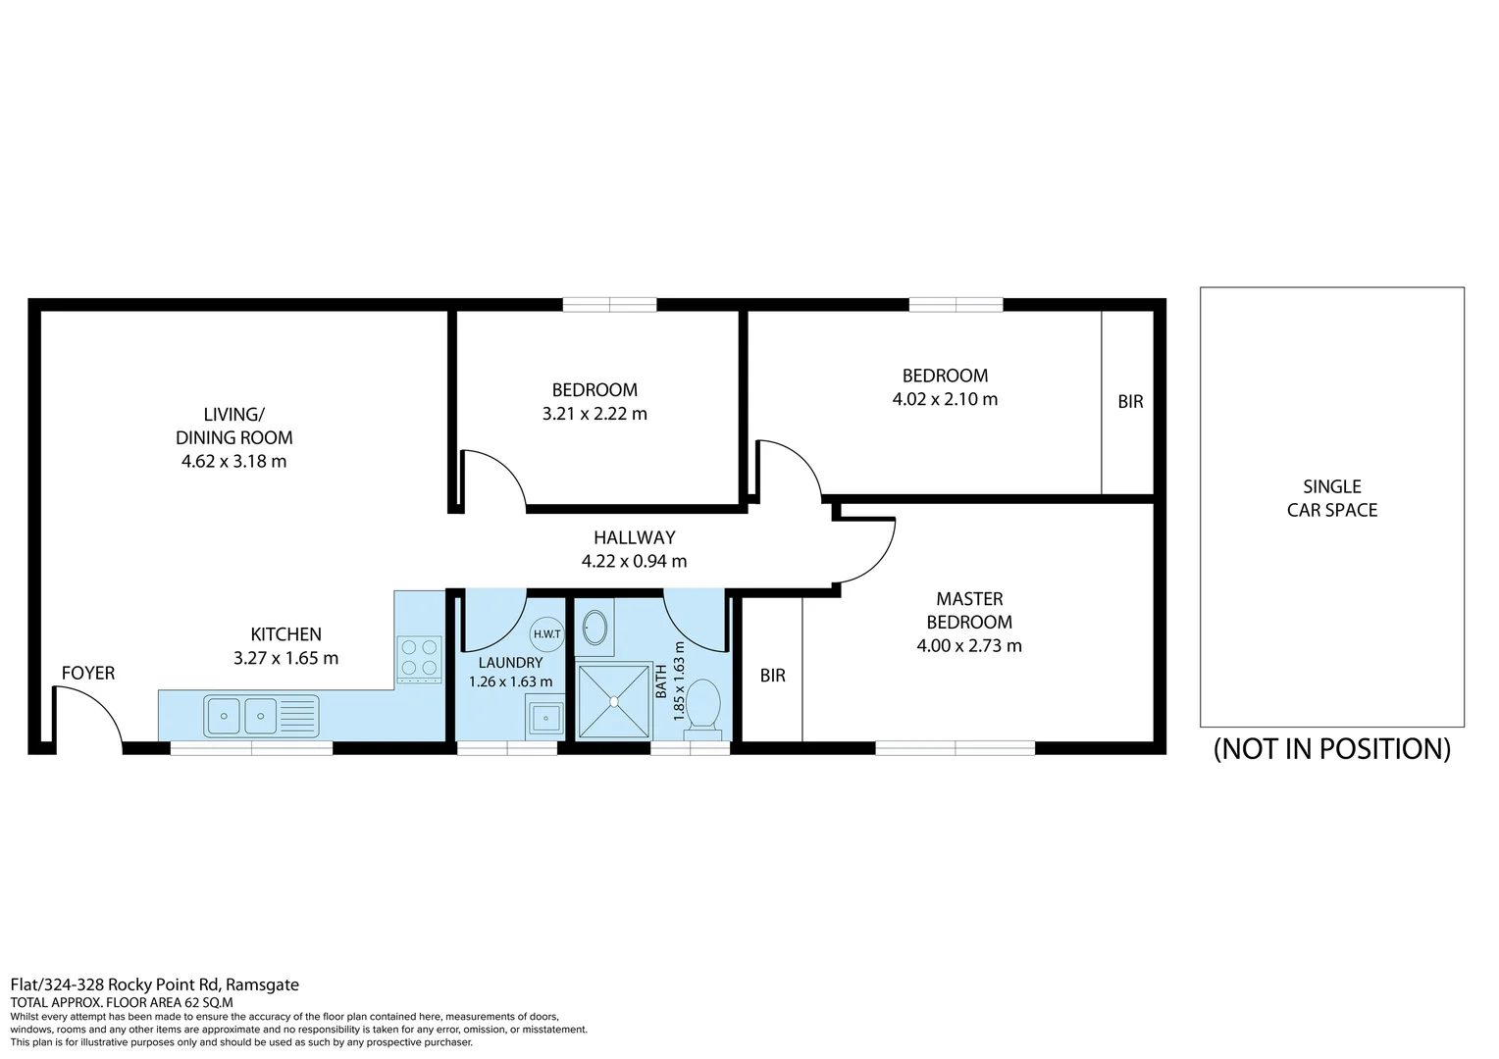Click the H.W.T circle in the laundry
(547, 633)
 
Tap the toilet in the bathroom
(702, 705)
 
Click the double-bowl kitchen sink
(241, 716)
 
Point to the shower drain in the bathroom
(613, 701)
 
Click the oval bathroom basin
(594, 626)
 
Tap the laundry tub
(544, 718)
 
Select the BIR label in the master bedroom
(772, 676)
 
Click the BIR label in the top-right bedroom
(1130, 402)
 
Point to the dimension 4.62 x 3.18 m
(233, 462)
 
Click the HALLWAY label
(634, 537)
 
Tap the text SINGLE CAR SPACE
(1331, 498)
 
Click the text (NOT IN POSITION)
(1331, 749)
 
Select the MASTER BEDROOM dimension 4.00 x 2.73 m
(968, 646)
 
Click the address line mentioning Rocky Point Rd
(154, 984)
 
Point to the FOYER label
(88, 673)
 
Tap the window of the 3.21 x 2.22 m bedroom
(609, 305)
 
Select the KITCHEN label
(285, 634)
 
